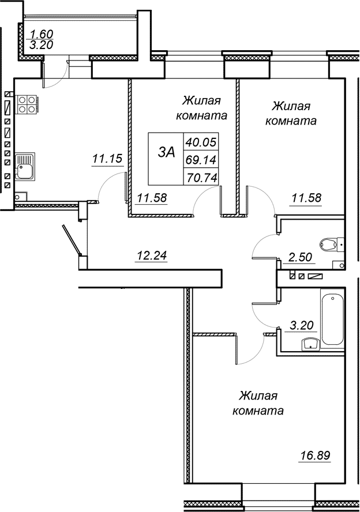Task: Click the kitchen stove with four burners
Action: tap(27, 104)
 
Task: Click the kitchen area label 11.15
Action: tap(107, 159)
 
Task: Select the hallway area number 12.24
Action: tap(152, 255)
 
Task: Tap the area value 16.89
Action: tap(315, 455)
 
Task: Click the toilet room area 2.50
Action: tap(301, 257)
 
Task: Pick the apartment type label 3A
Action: tap(166, 152)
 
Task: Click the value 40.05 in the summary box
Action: tap(201, 142)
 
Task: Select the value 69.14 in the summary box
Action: tap(201, 160)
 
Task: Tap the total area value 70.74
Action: tap(201, 178)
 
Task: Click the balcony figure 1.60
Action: tap(42, 33)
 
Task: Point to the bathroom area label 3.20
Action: tap(301, 326)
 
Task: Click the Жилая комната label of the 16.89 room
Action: tap(258, 403)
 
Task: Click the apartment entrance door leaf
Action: tap(71, 240)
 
